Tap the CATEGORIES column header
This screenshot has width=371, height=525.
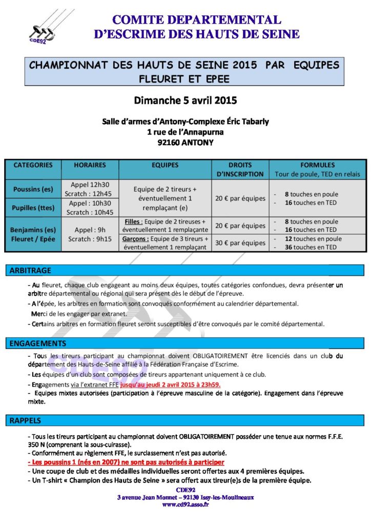coord(33,165)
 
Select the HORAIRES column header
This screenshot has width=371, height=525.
coord(90,165)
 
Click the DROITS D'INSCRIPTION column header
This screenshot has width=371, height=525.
coord(240,169)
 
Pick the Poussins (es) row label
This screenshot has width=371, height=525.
coord(33,189)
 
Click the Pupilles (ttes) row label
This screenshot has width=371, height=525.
coord(33,208)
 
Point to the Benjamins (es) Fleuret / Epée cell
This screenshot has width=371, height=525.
coord(33,234)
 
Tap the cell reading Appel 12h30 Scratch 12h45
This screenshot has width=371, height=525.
coord(90,189)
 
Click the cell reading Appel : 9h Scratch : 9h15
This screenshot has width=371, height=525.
coord(90,234)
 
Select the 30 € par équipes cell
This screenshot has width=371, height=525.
coord(240,243)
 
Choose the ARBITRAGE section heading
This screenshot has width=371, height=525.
coord(30,270)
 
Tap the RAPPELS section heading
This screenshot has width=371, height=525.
coord(26,420)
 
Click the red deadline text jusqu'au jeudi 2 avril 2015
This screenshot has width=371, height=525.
coord(177,384)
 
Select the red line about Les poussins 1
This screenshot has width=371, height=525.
coord(125,462)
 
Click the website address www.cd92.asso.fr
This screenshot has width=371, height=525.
coord(185,504)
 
